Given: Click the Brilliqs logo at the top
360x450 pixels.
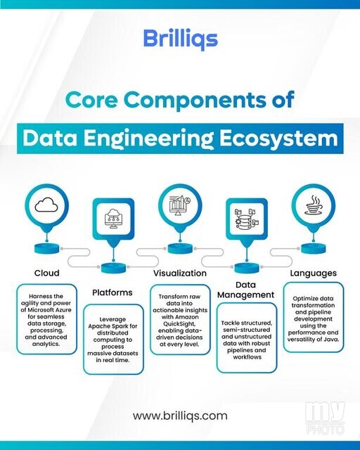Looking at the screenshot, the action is [180, 39].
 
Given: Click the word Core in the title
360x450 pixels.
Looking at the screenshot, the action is [91, 100].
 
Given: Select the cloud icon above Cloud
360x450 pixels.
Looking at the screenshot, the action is [46, 205].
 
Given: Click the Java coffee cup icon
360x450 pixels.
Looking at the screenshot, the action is [314, 205].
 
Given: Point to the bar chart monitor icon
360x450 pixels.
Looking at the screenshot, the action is [180, 205].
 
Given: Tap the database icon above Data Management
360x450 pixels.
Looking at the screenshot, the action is [247, 219].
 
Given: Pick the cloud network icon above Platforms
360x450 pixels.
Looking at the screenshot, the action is [113, 219].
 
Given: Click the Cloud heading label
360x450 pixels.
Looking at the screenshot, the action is [47, 273].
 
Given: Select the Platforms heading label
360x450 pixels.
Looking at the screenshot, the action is [112, 292].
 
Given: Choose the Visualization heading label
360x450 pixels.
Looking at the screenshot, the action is [180, 273].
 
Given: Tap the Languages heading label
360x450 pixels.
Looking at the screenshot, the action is [313, 273].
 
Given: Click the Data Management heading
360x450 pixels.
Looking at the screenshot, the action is [245, 290].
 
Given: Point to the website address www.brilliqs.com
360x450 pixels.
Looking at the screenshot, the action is [180, 416].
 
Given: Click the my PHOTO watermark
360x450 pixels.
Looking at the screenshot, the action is [325, 418].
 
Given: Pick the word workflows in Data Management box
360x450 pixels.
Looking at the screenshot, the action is [247, 357].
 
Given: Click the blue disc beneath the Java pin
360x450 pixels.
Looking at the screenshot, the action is [314, 248].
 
